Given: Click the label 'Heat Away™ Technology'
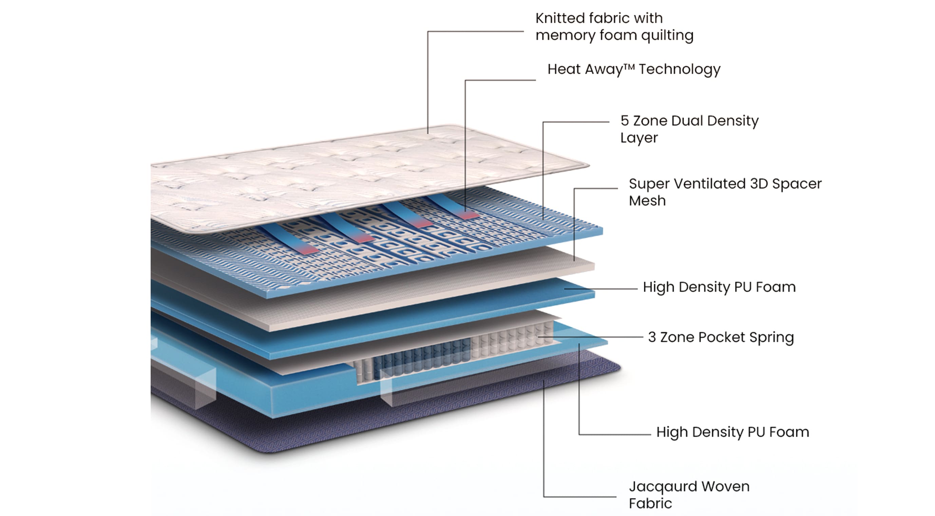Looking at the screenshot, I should point(634,69).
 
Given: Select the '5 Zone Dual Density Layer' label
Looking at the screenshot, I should point(689,129).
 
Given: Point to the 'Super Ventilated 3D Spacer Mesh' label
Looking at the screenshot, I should point(725,192).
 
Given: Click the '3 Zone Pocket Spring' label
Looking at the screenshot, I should point(721,337).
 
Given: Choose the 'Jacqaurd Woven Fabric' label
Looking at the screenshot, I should point(689,495).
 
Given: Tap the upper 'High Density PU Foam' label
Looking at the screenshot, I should point(719,287).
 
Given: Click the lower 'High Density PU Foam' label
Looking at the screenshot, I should point(732,432).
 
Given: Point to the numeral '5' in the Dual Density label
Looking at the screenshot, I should point(624,121).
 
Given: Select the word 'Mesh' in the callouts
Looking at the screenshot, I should point(647,201).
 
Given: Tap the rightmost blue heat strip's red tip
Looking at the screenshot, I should point(468,215).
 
